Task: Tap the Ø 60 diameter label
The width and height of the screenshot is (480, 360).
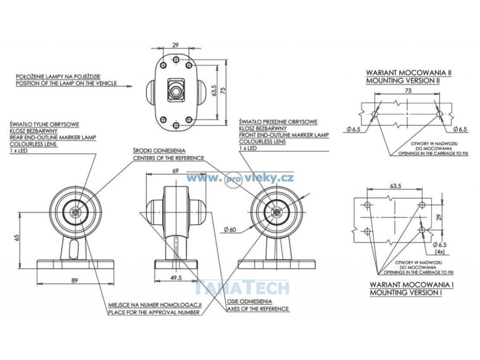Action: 230,229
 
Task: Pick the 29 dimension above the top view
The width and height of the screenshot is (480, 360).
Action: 175,45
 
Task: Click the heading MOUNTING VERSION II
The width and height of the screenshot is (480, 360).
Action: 403,81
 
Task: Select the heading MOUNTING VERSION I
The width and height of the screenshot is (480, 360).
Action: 405,292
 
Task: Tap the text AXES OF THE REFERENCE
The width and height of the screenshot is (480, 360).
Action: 258,309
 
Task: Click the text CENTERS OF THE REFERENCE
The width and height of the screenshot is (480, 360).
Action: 168,158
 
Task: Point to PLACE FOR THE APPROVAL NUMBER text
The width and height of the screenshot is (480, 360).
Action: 154,312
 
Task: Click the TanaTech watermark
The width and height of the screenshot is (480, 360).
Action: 241,287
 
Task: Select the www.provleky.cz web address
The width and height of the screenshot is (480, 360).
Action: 240,178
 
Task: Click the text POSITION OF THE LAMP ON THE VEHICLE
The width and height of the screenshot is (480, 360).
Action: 66,84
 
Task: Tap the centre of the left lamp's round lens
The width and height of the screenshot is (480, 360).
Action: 75,212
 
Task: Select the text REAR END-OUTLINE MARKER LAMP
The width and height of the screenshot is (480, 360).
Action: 52,137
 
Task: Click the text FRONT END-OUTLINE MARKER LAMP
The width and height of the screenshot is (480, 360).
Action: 284,135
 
